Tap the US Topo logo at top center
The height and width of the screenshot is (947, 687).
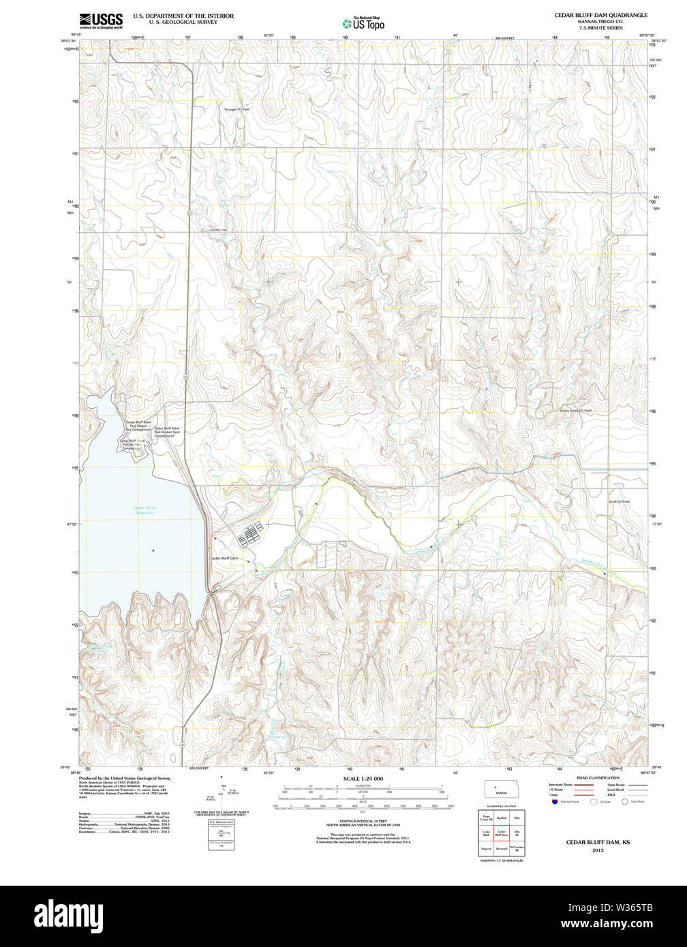pyautogui.click(x=363, y=22)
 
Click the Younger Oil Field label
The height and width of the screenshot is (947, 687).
pyautogui.click(x=236, y=109)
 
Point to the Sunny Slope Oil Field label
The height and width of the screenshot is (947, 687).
pyautogui.click(x=575, y=411)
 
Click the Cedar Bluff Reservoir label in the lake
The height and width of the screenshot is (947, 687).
pyautogui.click(x=144, y=510)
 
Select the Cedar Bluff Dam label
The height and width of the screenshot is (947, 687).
pyautogui.click(x=224, y=558)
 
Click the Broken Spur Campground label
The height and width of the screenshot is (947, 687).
pyautogui.click(x=167, y=431)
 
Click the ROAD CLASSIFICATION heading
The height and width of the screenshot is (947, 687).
pyautogui.click(x=598, y=777)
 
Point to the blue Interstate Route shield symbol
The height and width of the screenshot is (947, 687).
pyautogui.click(x=553, y=802)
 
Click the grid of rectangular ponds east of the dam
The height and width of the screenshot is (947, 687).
pyautogui.click(x=249, y=535)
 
